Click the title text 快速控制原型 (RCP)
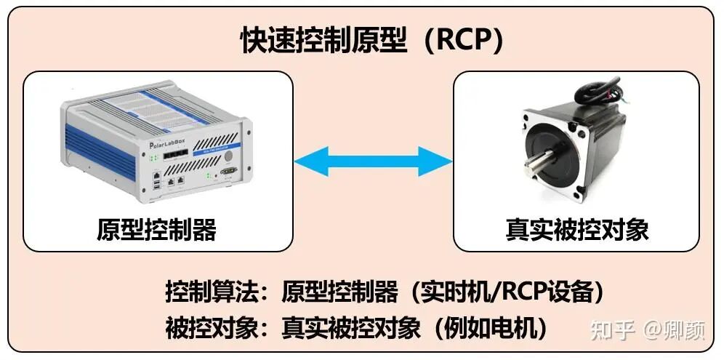tap(371, 41)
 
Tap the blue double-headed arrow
tap(373, 161)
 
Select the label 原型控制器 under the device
tap(156, 229)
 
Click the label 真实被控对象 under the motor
tap(576, 229)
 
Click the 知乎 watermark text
tap(614, 330)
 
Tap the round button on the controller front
tap(228, 156)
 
